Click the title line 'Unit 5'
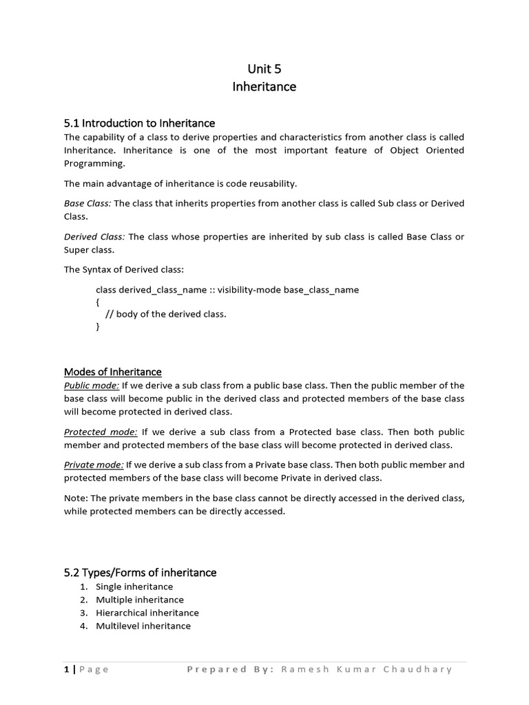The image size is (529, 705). [x=264, y=68]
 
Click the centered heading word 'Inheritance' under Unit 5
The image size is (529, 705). [x=264, y=87]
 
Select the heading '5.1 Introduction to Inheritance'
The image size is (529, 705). [x=139, y=123]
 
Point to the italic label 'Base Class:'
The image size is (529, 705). [x=87, y=203]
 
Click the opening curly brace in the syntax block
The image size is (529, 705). [x=98, y=302]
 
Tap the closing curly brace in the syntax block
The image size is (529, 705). [x=98, y=327]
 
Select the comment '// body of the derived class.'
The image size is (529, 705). [x=165, y=314]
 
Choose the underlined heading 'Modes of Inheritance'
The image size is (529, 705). [x=112, y=372]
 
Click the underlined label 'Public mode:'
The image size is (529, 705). [x=92, y=386]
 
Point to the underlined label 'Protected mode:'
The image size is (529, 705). [x=101, y=432]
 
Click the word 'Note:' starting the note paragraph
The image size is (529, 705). [x=76, y=498]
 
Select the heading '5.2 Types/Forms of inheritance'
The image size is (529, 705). [x=140, y=572]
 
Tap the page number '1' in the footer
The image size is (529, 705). [x=67, y=669]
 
